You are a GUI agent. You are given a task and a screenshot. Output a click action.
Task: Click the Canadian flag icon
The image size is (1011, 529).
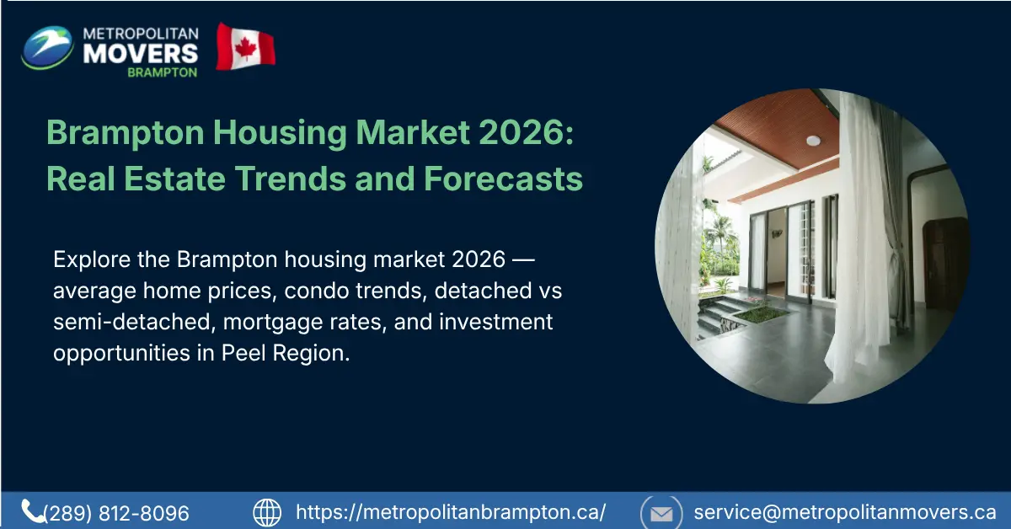click(x=245, y=47)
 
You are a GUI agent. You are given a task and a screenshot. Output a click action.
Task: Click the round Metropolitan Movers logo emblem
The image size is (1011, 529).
click(x=47, y=47)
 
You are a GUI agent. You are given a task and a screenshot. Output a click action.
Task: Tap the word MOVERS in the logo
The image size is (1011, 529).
click(x=141, y=52)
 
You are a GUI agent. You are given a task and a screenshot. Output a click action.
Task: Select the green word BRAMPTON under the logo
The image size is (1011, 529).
click(x=162, y=72)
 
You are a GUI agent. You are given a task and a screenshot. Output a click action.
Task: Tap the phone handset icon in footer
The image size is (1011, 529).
click(x=33, y=510)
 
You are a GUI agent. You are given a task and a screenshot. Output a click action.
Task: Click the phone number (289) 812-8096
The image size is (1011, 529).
click(x=116, y=513)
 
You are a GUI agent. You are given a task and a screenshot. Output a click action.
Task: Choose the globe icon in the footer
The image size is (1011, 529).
click(x=267, y=511)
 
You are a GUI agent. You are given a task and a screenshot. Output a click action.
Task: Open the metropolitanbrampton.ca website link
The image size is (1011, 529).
click(x=451, y=512)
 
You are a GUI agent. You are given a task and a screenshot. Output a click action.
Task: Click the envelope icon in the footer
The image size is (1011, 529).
click(x=661, y=512)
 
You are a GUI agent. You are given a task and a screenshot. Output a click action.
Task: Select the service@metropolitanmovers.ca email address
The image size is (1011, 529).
click(x=844, y=512)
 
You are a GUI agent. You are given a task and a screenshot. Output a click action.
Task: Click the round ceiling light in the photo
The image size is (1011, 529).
click(x=813, y=141)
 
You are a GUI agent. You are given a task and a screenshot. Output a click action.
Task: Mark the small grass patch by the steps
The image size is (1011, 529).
click(x=760, y=314)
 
